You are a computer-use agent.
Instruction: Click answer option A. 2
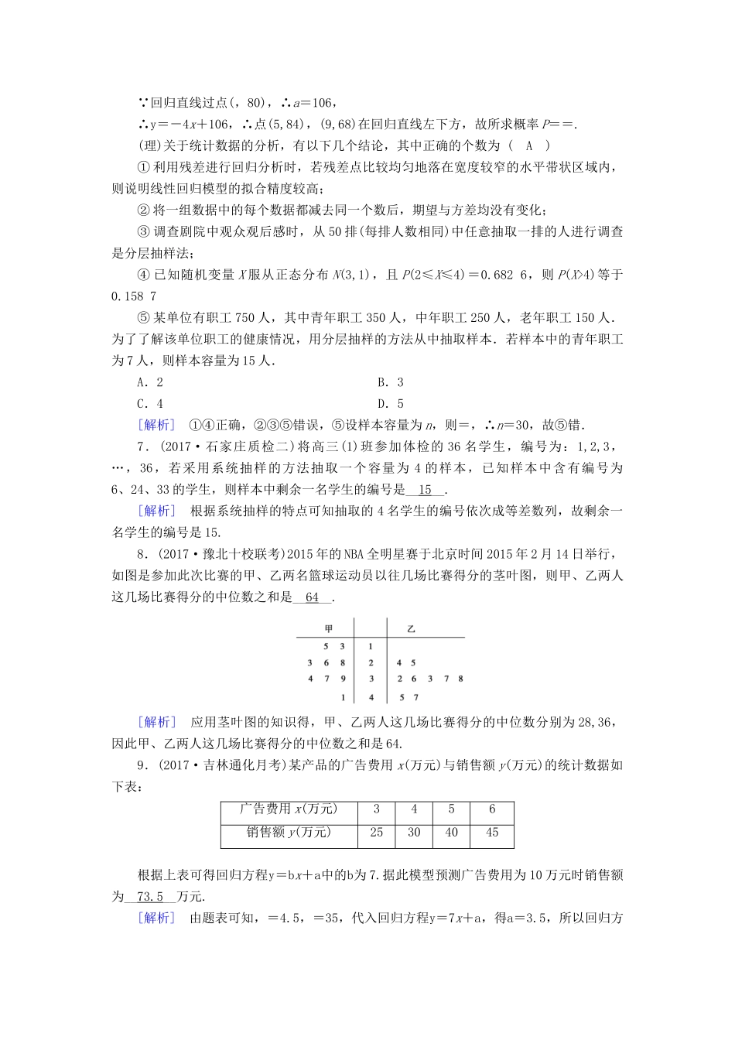tap(150, 382)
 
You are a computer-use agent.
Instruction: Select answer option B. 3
tap(391, 382)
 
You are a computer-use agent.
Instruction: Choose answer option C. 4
tap(150, 403)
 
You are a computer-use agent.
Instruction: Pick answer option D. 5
tap(391, 403)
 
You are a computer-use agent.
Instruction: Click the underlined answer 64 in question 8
tap(313, 597)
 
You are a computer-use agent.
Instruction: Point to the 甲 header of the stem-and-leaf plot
tap(329, 628)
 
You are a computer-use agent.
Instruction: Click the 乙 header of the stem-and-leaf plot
tap(411, 628)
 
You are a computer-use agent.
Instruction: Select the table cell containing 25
tap(377, 833)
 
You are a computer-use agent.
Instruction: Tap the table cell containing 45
tap(492, 833)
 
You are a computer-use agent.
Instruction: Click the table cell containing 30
tap(414, 833)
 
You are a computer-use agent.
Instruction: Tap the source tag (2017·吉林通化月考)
tap(224, 766)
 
